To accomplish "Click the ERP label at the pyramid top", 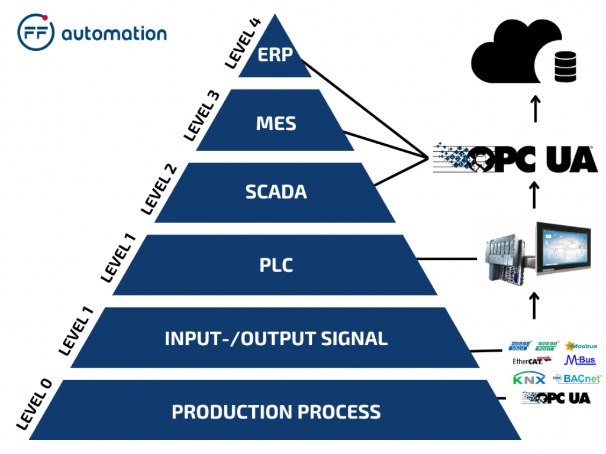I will click(x=275, y=55).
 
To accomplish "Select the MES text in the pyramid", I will click(x=276, y=124).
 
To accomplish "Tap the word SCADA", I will click(x=276, y=192).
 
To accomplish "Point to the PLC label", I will click(x=276, y=265).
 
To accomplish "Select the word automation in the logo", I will click(x=114, y=33).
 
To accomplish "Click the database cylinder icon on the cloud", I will click(x=565, y=66).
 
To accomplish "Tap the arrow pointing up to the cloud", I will click(x=535, y=108).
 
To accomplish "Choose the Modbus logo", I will click(x=581, y=346).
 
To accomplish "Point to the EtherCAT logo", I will click(x=531, y=360).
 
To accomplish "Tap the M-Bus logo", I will click(x=580, y=360).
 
